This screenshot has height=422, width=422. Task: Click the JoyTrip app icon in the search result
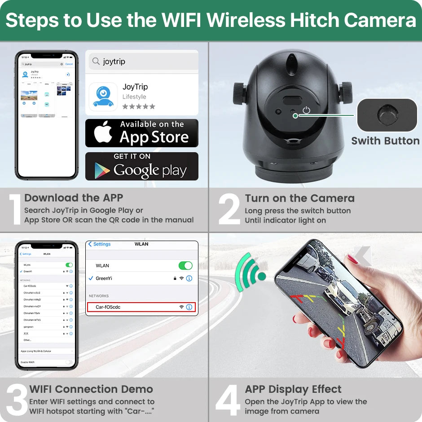tap(103, 97)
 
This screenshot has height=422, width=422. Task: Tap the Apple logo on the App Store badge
tap(103, 133)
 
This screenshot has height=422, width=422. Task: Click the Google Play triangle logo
tap(102, 170)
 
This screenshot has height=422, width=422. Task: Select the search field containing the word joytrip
tap(142, 62)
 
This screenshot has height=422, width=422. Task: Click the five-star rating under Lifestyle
tap(139, 106)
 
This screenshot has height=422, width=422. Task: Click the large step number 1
tap(16, 210)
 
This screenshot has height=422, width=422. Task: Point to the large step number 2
tap(229, 209)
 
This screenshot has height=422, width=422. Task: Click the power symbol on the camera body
tap(307, 110)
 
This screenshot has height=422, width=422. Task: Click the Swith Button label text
tap(385, 141)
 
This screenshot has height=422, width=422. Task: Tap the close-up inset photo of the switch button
tap(387, 115)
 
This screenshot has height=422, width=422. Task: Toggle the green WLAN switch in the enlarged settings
tap(185, 265)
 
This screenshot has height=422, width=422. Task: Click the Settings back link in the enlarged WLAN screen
tap(99, 244)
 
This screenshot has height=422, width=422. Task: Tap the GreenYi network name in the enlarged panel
tap(104, 278)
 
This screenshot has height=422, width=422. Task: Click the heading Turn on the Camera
tap(299, 198)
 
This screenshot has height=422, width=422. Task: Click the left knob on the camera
tap(239, 93)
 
